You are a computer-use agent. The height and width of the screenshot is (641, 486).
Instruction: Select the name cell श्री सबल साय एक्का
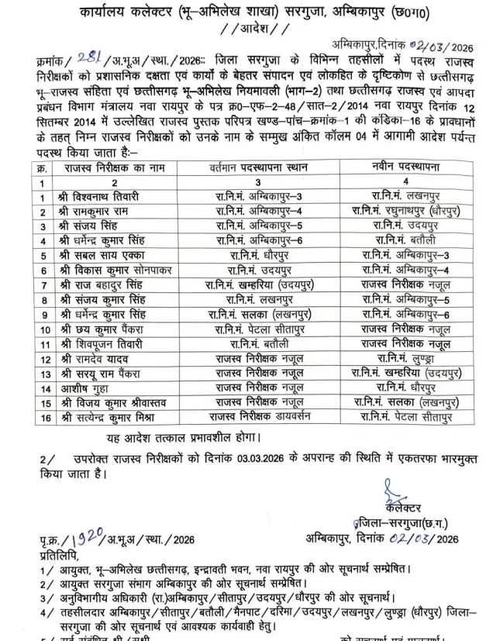coord(100,253)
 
